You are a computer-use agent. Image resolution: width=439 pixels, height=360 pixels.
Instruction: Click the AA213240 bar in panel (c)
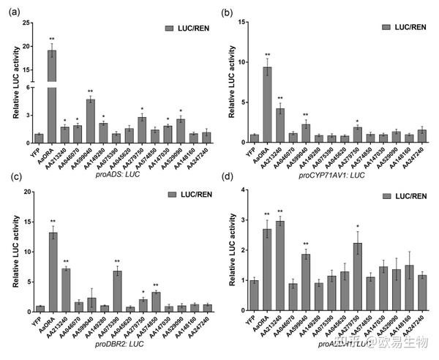click(x=65, y=290)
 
